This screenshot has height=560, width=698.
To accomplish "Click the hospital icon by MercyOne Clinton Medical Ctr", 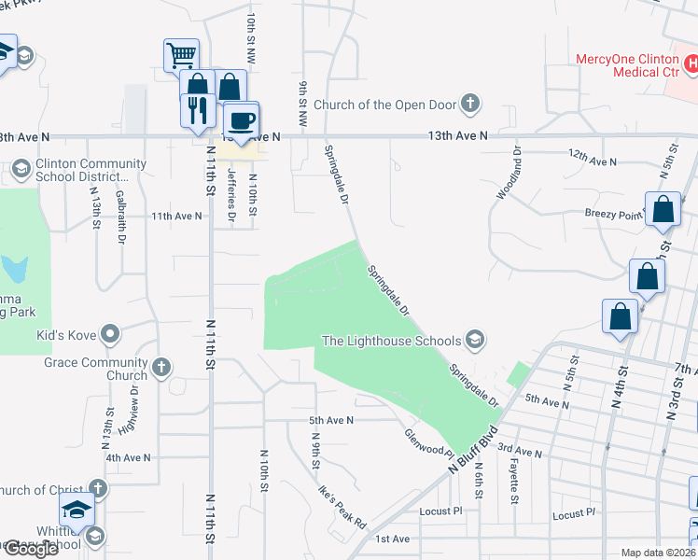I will coord(691,64).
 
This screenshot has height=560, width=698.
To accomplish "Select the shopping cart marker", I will coord(180,53).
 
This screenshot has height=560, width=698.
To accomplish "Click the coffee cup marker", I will coord(242,121).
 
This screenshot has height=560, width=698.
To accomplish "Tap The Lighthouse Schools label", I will coord(391,341).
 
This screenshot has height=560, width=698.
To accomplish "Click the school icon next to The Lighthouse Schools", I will coord(475,338).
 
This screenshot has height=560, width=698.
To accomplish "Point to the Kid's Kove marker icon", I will coord(111,333).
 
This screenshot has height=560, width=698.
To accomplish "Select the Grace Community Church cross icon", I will coord(161,367).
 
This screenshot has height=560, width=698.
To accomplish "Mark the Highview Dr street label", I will coord(134,403).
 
